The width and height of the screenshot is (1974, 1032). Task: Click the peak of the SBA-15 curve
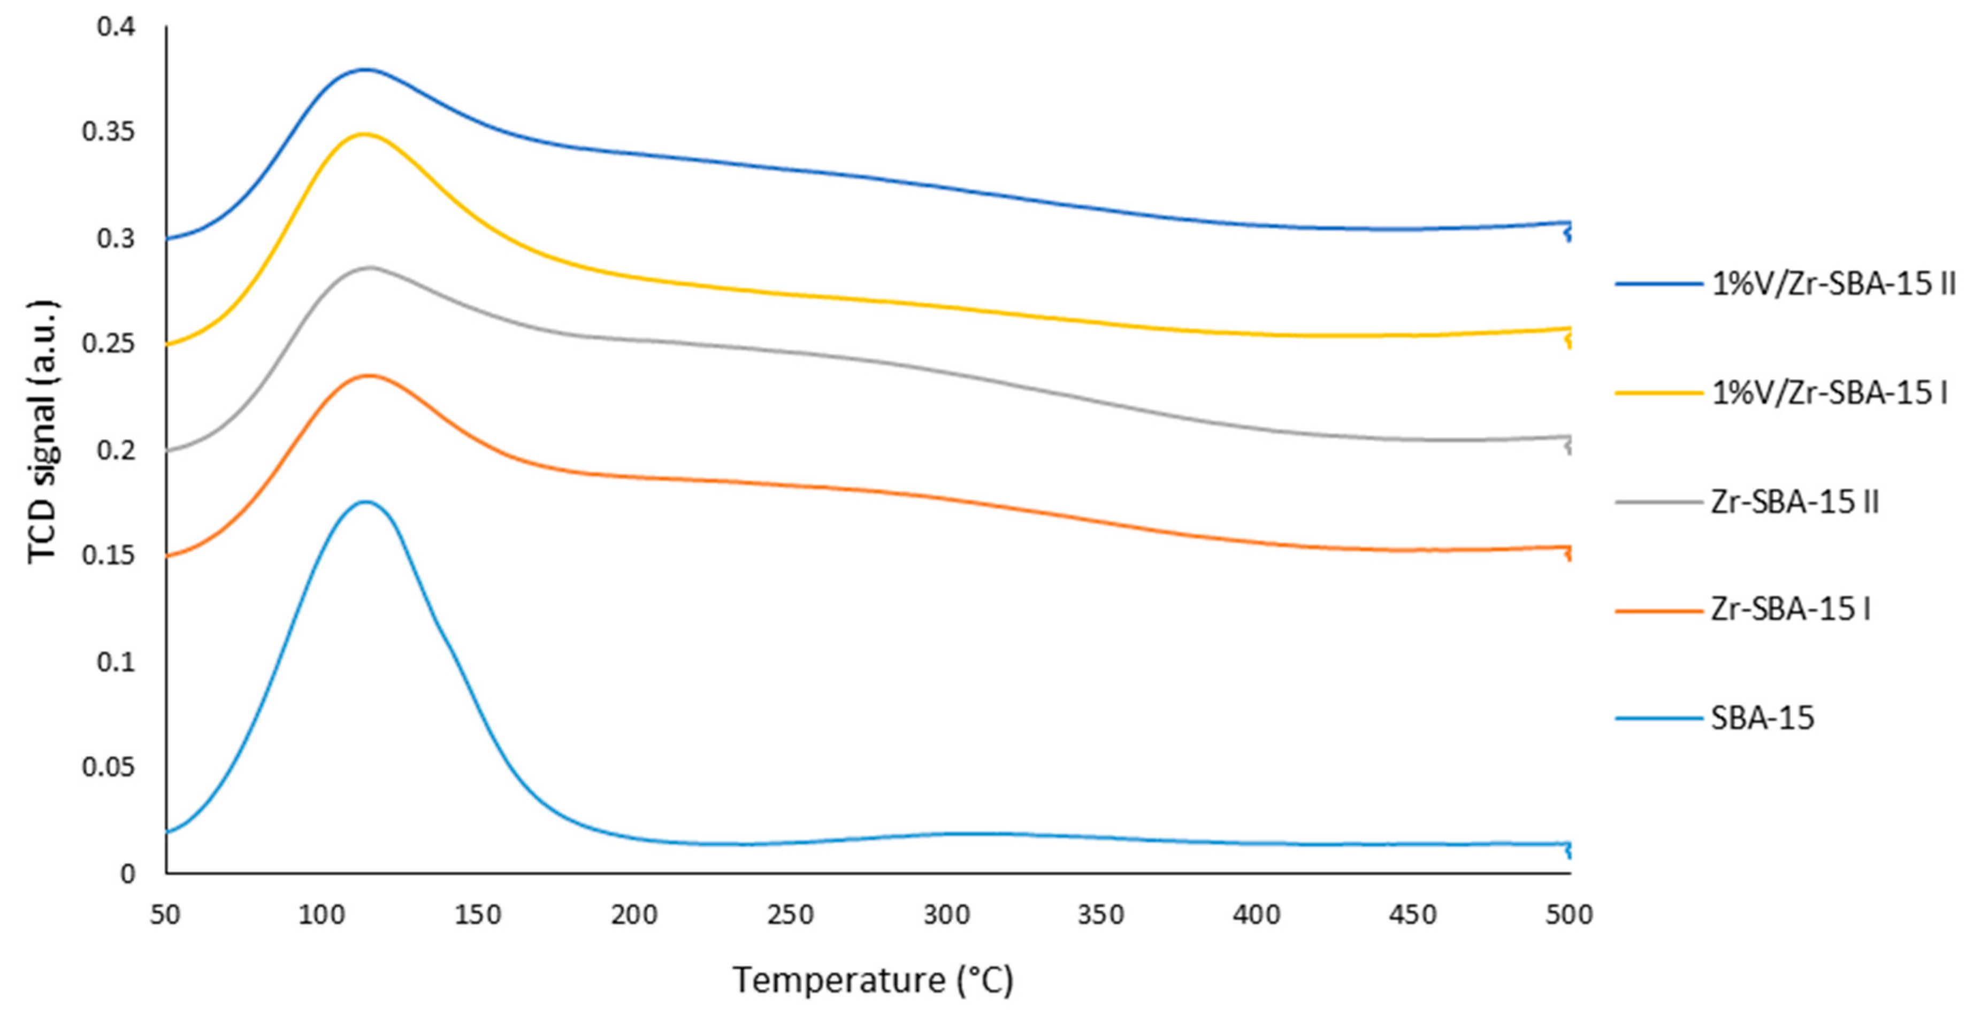click(365, 502)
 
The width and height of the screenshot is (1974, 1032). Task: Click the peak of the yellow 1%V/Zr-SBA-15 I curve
click(364, 134)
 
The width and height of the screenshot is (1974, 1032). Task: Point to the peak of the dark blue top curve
click(365, 70)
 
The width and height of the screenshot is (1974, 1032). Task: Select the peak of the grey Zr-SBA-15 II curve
click(371, 267)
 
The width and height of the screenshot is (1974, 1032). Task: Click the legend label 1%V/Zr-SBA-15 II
click(1833, 284)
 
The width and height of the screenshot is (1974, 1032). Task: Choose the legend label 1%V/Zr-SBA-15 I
click(1829, 393)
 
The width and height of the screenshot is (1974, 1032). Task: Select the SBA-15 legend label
click(1763, 719)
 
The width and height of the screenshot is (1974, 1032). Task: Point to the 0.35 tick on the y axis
click(108, 132)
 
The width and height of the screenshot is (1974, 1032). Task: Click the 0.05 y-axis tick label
click(108, 767)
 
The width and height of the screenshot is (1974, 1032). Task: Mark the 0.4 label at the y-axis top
click(116, 27)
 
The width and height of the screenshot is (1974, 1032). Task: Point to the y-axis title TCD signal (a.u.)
click(42, 433)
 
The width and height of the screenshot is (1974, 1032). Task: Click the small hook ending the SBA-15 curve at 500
click(1569, 850)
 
